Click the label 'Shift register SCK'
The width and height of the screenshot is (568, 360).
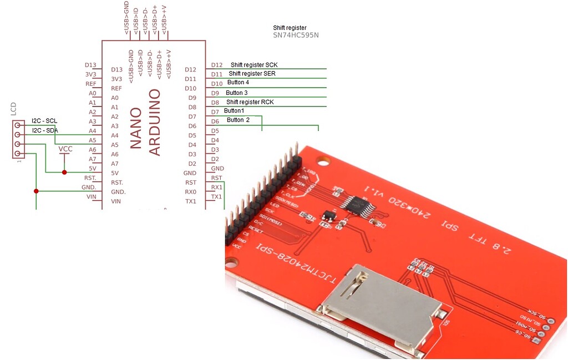253,65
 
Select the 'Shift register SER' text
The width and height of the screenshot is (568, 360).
252,73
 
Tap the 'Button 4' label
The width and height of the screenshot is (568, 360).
238,82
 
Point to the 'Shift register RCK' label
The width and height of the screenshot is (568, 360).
250,102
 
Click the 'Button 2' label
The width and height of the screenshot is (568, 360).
238,120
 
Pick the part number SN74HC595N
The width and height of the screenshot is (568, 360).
296,36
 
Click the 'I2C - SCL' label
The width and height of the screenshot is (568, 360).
44,121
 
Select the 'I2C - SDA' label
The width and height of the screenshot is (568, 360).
45,130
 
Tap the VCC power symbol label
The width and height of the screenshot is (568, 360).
65,149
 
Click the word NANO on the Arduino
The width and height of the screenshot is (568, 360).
136,128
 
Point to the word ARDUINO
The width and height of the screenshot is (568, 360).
155,122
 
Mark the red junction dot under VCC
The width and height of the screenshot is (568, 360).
64,173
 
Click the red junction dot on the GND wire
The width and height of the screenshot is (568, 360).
36,191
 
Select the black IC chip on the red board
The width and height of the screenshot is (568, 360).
358,204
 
